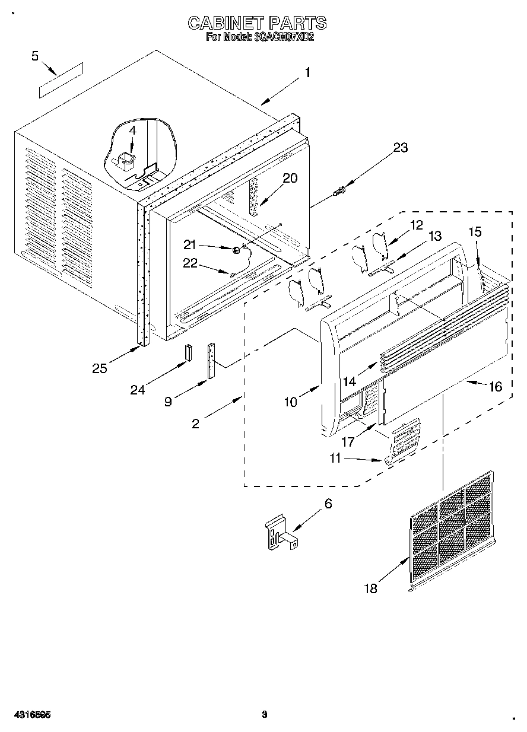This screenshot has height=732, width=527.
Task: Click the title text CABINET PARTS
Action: coord(257,23)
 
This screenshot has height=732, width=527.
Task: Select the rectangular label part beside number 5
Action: coord(61,79)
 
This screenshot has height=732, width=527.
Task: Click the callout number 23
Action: coord(401,148)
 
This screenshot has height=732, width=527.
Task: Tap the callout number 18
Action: coord(370,588)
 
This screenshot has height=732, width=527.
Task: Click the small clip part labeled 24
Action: coord(187,352)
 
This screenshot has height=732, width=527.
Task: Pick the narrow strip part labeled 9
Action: coord(211,362)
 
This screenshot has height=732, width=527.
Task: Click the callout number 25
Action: coord(99,368)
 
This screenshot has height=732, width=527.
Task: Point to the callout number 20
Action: coord(290,178)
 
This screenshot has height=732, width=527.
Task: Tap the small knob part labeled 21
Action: coord(236,250)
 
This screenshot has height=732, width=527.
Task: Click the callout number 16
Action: coord(494,387)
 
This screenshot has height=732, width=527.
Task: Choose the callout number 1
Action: coord(307,73)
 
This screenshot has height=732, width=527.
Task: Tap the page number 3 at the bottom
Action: coord(265,715)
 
